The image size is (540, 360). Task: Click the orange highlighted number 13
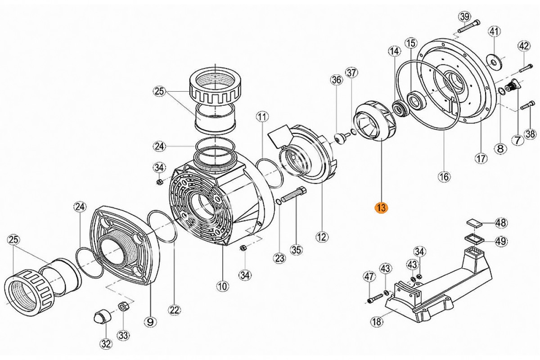(381, 208)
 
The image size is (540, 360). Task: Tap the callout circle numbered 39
(464, 17)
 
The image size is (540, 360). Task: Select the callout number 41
(495, 31)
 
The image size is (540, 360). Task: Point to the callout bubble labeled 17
(481, 158)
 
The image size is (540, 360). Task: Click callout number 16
(444, 177)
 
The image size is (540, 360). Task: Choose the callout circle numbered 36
(336, 80)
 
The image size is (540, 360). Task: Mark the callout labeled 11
(262, 117)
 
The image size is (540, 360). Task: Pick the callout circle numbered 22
(175, 310)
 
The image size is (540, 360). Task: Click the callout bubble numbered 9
(150, 322)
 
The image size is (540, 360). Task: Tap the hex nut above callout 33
(122, 307)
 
